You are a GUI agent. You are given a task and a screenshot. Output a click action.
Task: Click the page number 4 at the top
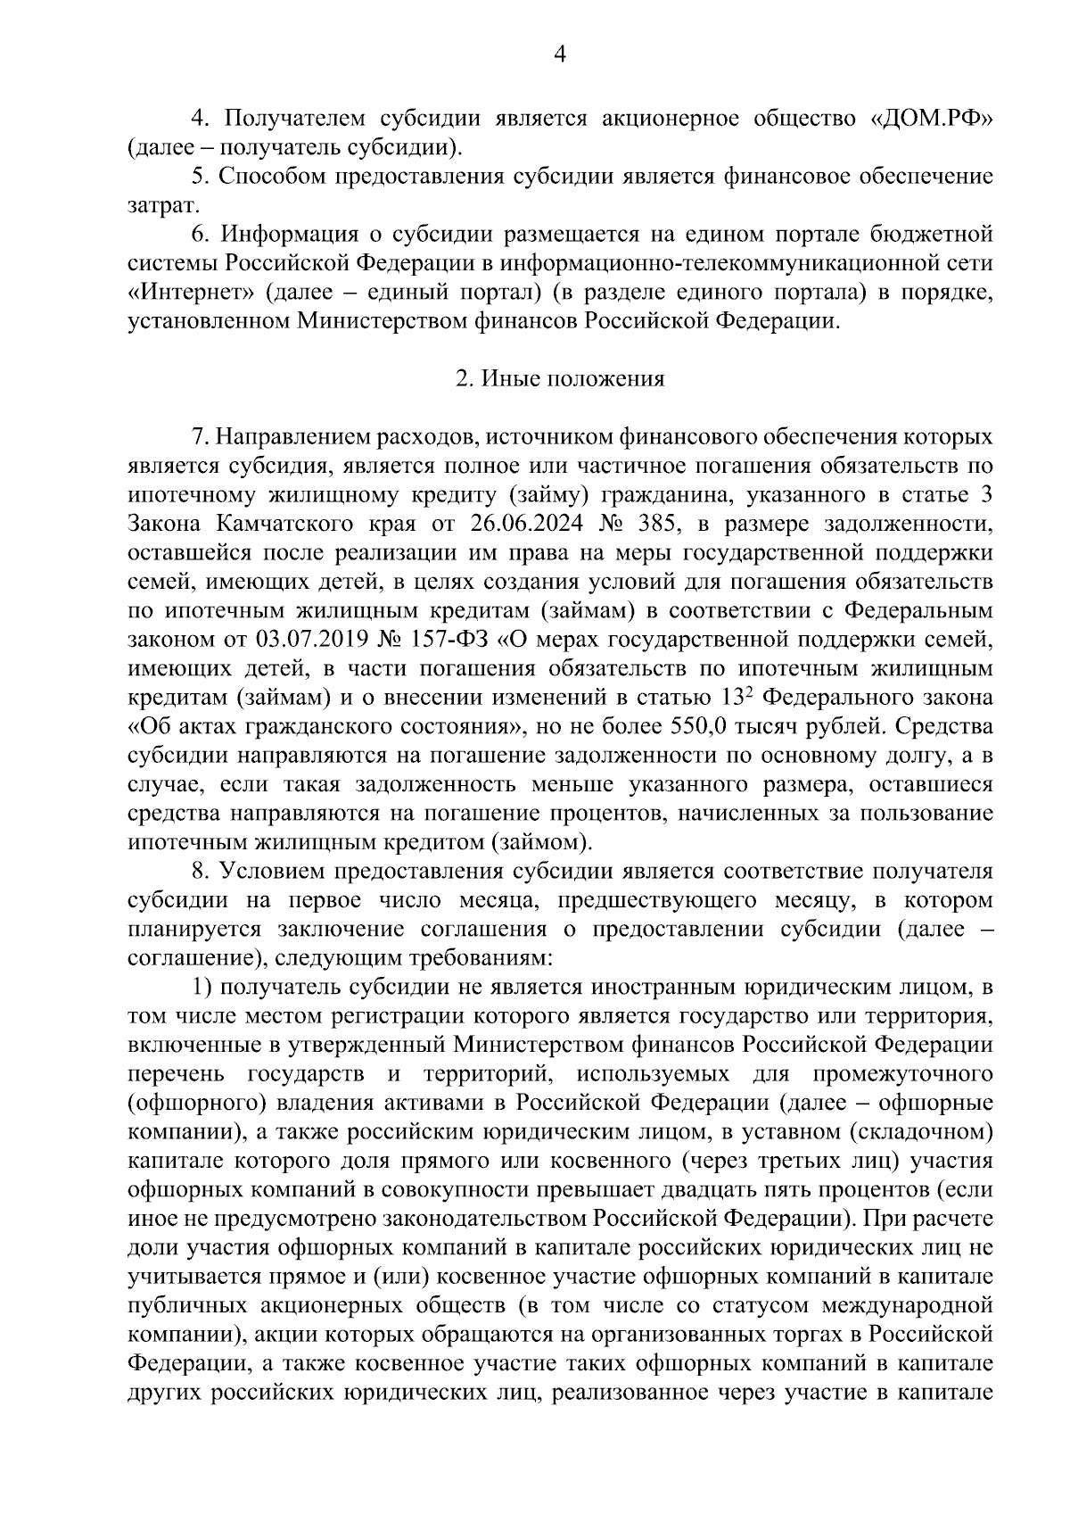click(x=560, y=55)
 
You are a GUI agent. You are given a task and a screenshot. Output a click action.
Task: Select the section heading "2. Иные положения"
click(x=560, y=378)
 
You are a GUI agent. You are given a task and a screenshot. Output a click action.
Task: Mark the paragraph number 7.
click(x=200, y=437)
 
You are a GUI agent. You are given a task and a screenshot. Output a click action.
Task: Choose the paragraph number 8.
click(x=200, y=871)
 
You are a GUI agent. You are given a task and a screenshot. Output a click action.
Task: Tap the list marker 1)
click(x=202, y=988)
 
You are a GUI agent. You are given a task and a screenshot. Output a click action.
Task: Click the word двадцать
click(x=708, y=1190)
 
